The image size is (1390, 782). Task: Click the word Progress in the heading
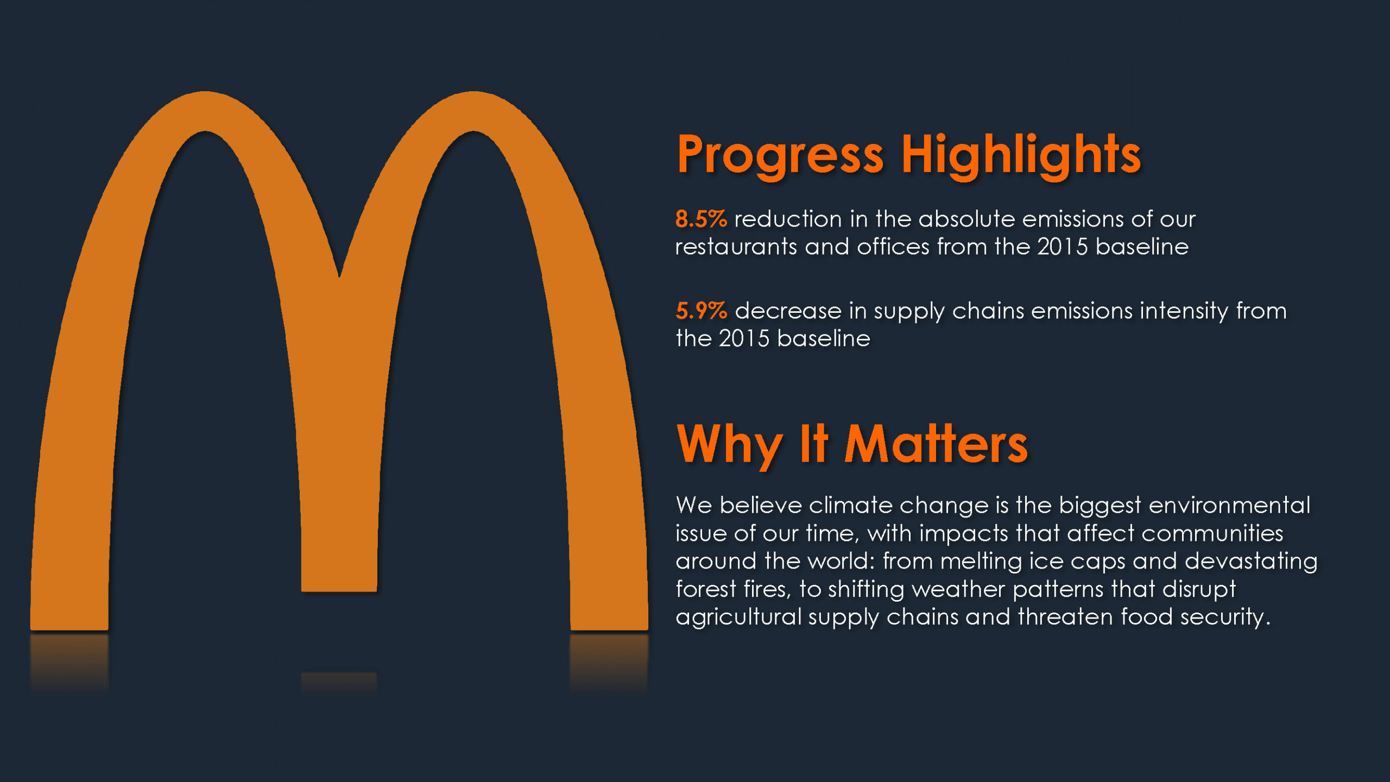point(780,156)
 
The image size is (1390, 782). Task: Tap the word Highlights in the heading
point(1021,156)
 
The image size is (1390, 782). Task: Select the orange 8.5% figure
point(701,219)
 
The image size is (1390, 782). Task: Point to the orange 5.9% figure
point(701,311)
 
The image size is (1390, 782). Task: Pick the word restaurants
point(736,247)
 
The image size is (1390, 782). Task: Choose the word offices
point(893,247)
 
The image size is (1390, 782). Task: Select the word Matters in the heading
point(936,444)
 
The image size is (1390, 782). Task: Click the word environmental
point(1229,505)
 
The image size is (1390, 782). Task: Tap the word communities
point(1212,533)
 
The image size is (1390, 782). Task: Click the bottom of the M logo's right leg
point(609,629)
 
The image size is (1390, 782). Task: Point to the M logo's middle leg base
point(339,590)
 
